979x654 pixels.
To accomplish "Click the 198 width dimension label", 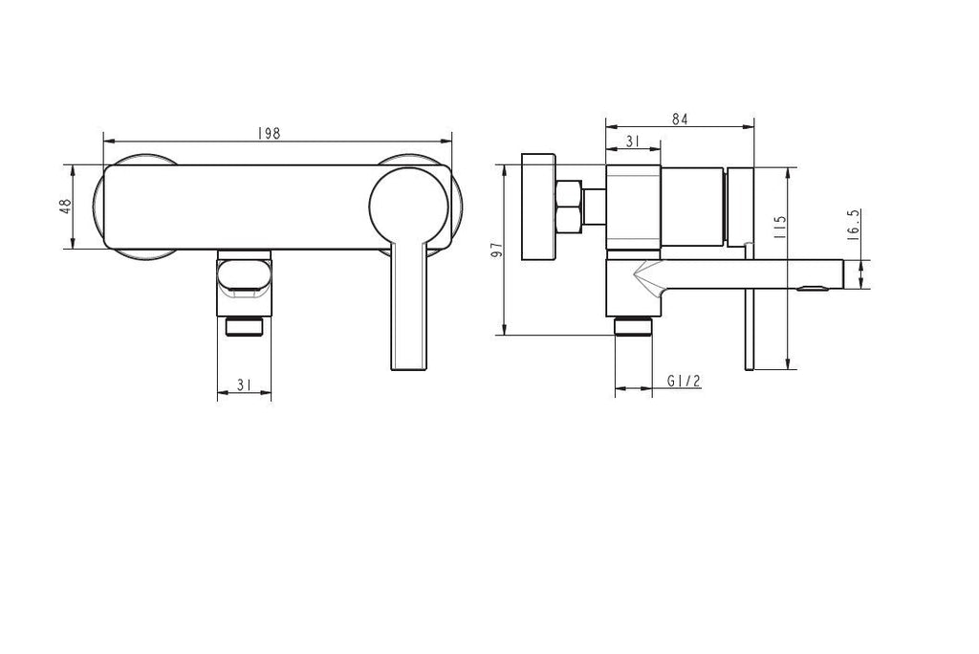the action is pos(269,133).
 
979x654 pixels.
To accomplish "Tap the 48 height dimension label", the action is pos(66,207).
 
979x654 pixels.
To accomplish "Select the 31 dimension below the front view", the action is pos(244,384).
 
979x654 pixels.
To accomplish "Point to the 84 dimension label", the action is pos(680,119).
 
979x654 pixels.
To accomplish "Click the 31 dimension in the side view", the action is pos(633,142).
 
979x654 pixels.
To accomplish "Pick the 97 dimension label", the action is pos(497,250).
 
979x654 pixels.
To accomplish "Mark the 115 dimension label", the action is pos(778,228).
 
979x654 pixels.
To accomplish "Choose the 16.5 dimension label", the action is pos(855,224).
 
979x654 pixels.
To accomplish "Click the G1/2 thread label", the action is pos(684,381).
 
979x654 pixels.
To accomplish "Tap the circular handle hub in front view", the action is pos(409,207).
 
